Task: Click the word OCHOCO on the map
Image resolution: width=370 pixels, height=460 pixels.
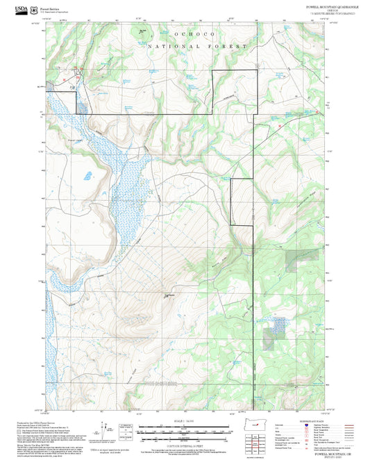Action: point(183,33)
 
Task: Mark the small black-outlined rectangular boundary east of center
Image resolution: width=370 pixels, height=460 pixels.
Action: point(242,202)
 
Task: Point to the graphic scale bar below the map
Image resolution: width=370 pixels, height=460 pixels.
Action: point(185,429)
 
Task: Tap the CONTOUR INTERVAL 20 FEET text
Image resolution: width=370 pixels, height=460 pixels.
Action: point(185,444)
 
